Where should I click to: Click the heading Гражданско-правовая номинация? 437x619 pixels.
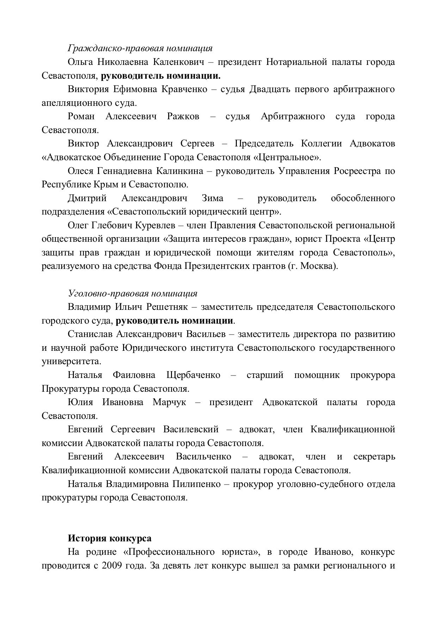pyautogui.click(x=140, y=48)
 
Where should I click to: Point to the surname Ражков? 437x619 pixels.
pyautogui.click(x=183, y=116)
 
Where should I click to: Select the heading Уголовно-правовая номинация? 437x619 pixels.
pyautogui.click(x=132, y=293)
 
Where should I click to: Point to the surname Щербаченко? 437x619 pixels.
pyautogui.click(x=193, y=375)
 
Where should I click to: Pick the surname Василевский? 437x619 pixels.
pyautogui.click(x=191, y=429)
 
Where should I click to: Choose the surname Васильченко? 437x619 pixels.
pyautogui.click(x=203, y=457)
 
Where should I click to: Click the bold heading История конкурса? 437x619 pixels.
pyautogui.click(x=110, y=538)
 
